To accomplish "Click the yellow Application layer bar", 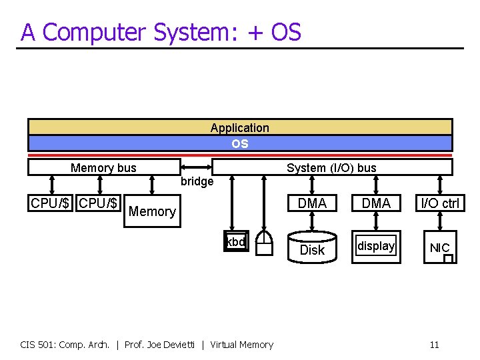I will [240, 127].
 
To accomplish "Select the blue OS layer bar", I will [240, 143].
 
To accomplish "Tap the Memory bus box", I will [103, 167].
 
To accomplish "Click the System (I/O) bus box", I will [331, 167].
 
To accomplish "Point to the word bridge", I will [197, 181].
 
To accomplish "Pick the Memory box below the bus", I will [152, 212].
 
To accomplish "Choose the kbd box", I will [236, 243].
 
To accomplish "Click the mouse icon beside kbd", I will [265, 243].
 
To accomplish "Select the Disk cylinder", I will [312, 248].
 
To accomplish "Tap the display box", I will [376, 247].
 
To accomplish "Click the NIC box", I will [439, 248].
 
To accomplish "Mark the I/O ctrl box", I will [440, 203].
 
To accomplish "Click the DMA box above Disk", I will [312, 203].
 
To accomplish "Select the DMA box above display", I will [376, 203].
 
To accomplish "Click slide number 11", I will [434, 345].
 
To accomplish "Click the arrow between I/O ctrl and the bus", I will [440, 185].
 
